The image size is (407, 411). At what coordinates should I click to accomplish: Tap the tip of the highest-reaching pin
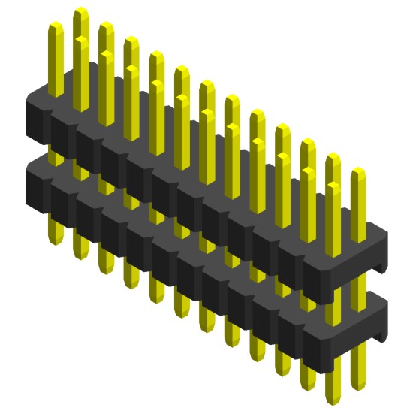(x=80, y=11)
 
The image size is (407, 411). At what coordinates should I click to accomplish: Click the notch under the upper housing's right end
(x=379, y=266)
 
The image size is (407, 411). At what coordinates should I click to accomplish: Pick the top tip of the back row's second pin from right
(x=333, y=157)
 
